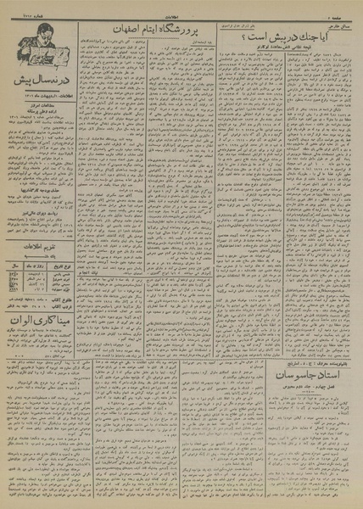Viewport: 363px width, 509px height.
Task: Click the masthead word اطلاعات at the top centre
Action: click(180, 11)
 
